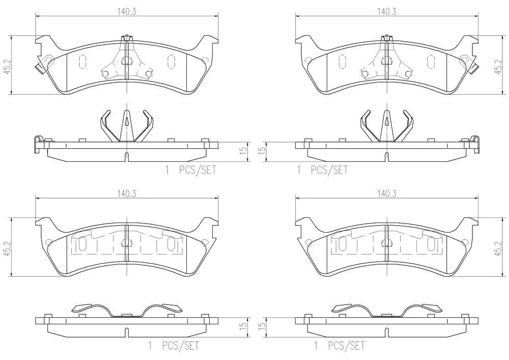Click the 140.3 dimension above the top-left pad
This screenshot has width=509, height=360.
point(127,12)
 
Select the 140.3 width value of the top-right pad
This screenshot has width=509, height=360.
point(387,12)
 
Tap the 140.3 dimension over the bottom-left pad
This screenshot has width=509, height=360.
point(127,194)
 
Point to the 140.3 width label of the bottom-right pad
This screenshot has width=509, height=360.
point(387,194)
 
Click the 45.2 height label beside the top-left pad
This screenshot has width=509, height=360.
point(7,66)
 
